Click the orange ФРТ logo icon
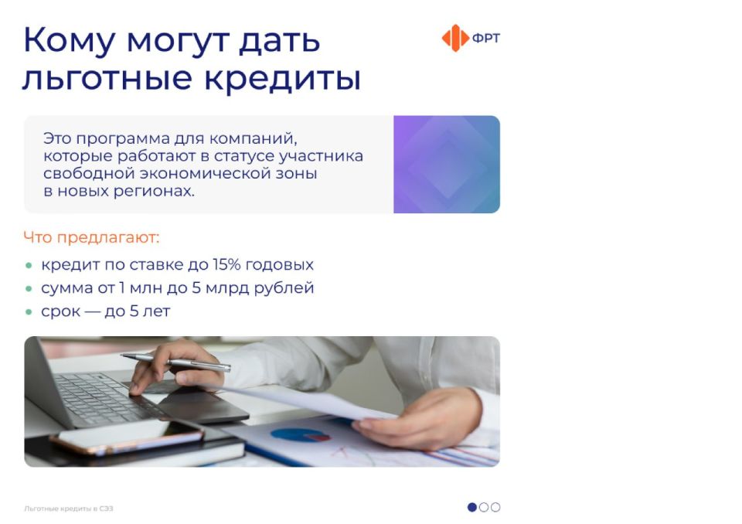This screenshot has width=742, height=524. [455, 38]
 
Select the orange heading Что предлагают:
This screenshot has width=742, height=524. [91, 237]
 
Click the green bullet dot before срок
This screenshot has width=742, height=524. [29, 312]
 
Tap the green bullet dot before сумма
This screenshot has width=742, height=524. [29, 289]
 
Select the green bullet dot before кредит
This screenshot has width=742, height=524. [29, 266]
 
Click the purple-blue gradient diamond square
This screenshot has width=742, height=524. [447, 165]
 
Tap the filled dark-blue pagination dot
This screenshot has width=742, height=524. [472, 508]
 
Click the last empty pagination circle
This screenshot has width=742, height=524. [495, 508]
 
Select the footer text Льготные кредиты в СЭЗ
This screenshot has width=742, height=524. [69, 509]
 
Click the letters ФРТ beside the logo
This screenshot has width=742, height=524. [485, 38]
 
